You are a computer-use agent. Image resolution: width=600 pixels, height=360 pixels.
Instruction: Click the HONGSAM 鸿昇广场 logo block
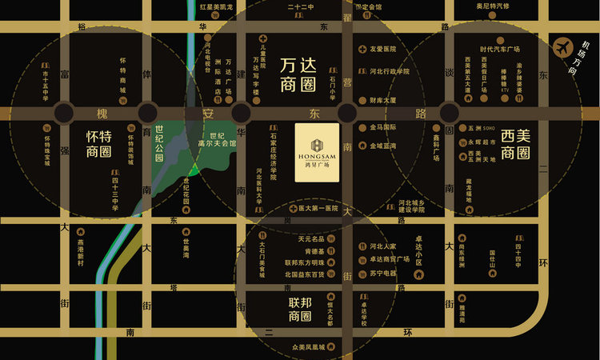[317, 152]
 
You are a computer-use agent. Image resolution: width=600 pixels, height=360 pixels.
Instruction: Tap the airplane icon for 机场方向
[564, 49]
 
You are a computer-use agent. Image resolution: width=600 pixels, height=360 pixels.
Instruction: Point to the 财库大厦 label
[383, 101]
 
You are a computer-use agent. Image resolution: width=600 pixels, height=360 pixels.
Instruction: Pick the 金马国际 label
[382, 127]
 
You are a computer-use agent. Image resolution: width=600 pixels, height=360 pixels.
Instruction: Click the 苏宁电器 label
[382, 273]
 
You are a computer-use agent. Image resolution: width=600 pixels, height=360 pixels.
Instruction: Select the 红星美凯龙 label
[210, 6]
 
